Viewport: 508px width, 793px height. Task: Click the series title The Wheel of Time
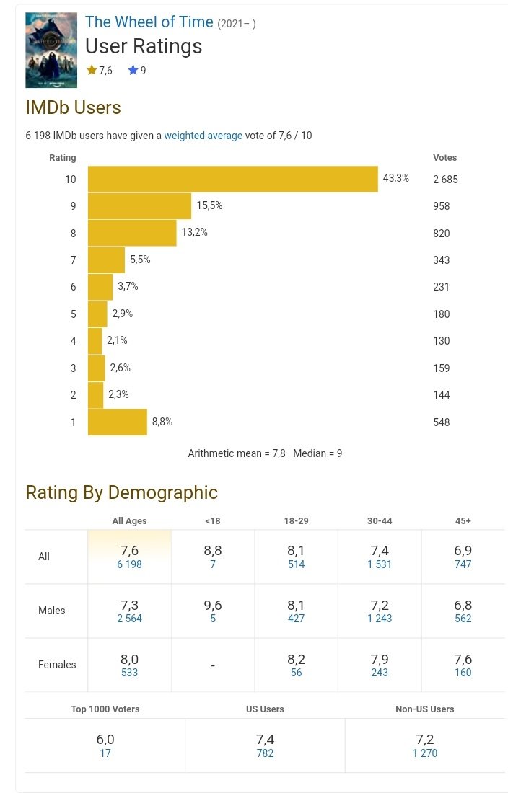click(149, 22)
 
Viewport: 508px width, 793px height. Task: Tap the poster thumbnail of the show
click(51, 50)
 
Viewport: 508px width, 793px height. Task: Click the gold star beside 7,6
click(92, 71)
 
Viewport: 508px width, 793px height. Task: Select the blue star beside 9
click(133, 71)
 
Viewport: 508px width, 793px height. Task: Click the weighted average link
click(203, 136)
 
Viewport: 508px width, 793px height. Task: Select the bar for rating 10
click(232, 179)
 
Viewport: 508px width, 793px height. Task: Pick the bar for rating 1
click(117, 422)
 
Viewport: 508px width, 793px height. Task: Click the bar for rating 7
click(106, 260)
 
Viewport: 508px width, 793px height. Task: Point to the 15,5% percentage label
click(209, 205)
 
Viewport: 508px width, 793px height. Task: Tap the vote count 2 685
click(445, 180)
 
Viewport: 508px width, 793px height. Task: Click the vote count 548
click(441, 422)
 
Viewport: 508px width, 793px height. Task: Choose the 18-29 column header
click(296, 520)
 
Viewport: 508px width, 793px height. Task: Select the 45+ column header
click(463, 520)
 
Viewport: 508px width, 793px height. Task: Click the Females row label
click(57, 665)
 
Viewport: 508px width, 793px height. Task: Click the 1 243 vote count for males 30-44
click(380, 619)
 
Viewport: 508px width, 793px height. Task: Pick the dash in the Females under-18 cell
click(213, 665)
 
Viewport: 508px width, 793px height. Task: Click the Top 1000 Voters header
click(105, 709)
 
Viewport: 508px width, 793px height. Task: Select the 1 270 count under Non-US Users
click(424, 754)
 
